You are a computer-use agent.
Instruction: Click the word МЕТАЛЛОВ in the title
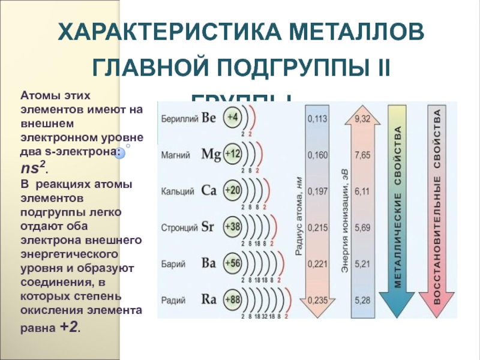coord(338,32)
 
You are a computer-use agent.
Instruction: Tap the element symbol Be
coord(208,118)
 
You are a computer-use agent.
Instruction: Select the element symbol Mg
coord(211,154)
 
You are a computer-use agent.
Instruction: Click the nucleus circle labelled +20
coord(232,191)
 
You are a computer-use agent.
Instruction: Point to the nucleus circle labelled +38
coord(232,227)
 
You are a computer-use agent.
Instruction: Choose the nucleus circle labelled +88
coord(232,298)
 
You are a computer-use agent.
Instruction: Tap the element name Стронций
coord(178,227)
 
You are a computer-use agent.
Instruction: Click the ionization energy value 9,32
coord(362,119)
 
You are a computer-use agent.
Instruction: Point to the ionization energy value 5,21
coord(362,263)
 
